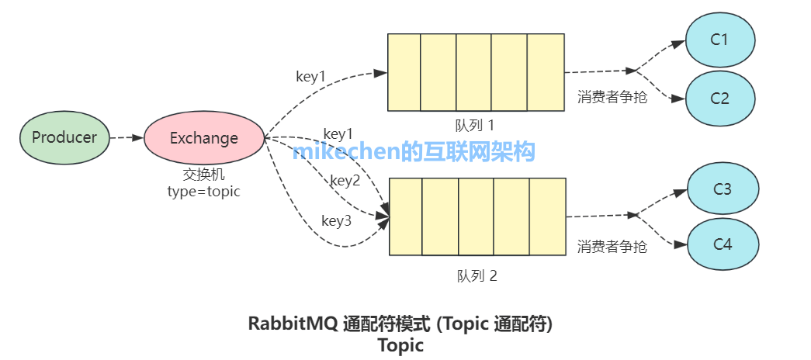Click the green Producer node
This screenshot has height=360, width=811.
coord(64,137)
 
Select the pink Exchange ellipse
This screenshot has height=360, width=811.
coord(204,138)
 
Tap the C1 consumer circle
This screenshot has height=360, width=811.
coord(719,40)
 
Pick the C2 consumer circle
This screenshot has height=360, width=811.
coord(719,99)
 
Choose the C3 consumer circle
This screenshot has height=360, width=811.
coord(722,189)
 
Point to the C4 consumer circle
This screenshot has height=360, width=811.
coord(722,244)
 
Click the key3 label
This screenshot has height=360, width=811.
coord(336,221)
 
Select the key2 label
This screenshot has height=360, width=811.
coord(345,181)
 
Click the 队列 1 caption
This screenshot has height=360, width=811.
coord(474,125)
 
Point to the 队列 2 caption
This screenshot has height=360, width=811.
coord(477,275)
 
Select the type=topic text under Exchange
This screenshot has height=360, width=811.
coord(204,192)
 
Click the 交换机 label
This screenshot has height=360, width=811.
coord(204,176)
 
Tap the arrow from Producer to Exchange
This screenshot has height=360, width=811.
coord(127,138)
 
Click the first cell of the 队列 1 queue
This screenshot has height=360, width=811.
coord(404,72)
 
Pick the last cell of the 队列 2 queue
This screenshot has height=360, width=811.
coord(548,216)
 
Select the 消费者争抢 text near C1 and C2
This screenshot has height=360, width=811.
coord(612,98)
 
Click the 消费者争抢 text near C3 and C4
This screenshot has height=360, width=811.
coord(612,247)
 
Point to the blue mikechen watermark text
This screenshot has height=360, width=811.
coord(414,151)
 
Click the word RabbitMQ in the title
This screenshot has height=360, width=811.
coord(293,324)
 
